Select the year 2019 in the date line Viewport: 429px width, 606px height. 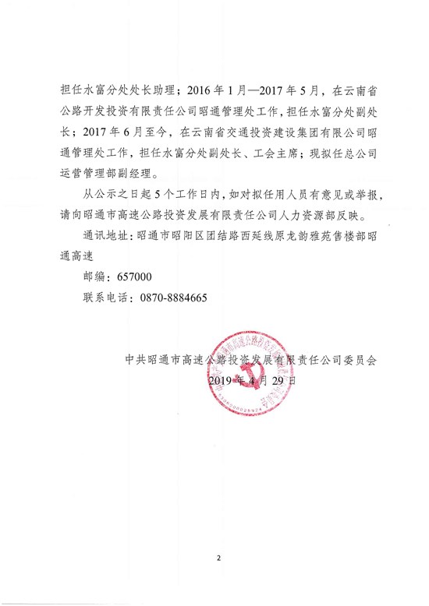222,382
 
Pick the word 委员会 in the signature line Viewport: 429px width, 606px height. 360,361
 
